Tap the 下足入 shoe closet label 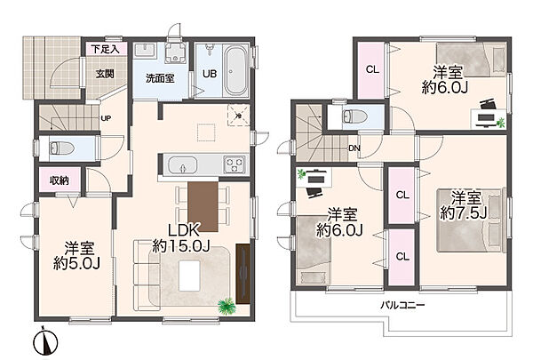(x=105, y=49)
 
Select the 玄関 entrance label (x=105, y=74)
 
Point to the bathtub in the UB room (x=235, y=71)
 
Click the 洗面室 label (x=160, y=78)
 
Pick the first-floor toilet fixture (x=61, y=148)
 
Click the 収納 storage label (x=60, y=180)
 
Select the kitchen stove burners (x=235, y=164)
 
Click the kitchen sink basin (x=183, y=165)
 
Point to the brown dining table (x=203, y=206)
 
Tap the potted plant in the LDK (x=227, y=305)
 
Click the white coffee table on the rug (x=189, y=276)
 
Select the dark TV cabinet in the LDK (x=243, y=274)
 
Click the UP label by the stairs (x=106, y=118)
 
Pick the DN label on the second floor (x=354, y=148)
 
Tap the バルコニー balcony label (x=402, y=305)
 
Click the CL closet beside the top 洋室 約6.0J (x=372, y=69)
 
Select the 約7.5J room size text (x=464, y=213)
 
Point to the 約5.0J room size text (x=76, y=263)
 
